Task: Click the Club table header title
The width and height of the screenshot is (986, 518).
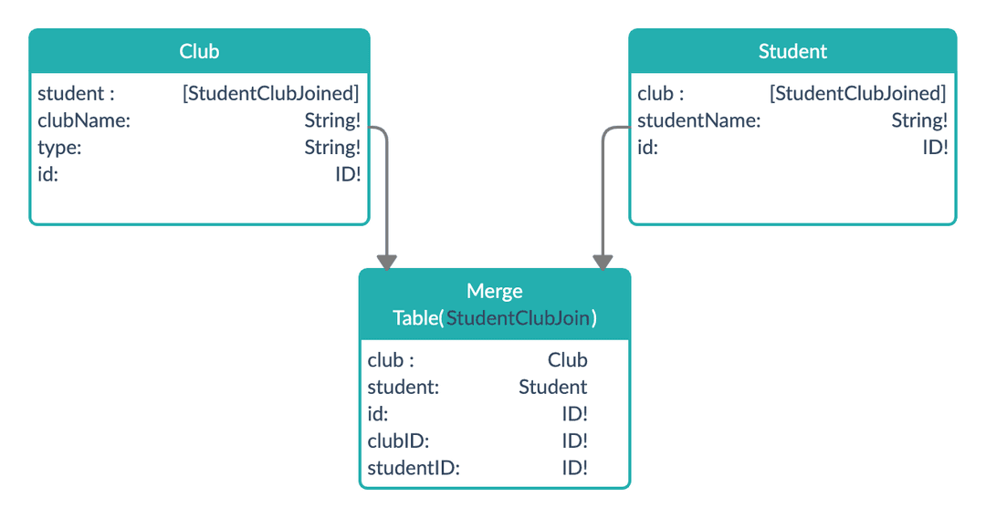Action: (x=199, y=52)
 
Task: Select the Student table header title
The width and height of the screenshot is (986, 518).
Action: (x=792, y=52)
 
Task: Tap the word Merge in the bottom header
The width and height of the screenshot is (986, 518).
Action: (x=494, y=291)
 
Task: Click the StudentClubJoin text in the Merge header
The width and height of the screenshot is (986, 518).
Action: (x=518, y=318)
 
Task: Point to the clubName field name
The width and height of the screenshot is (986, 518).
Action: (x=84, y=120)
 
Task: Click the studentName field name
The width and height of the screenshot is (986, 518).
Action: (x=698, y=120)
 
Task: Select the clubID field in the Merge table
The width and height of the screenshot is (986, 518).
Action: (x=398, y=440)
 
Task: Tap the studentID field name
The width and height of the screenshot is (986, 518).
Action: (x=413, y=468)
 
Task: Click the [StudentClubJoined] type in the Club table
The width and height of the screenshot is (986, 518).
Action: (x=271, y=93)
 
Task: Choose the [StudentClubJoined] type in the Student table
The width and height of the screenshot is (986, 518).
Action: (x=857, y=93)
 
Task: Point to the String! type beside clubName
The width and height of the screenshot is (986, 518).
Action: (x=332, y=120)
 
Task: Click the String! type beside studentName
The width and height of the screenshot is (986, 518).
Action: (x=919, y=120)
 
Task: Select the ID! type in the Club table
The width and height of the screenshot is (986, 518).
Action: (x=348, y=173)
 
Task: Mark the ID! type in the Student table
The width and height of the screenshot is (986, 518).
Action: (x=935, y=147)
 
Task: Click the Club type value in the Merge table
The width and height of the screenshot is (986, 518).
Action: (x=567, y=359)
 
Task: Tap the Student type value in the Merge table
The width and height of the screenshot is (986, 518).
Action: (x=552, y=387)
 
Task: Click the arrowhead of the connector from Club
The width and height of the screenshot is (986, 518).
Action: (x=387, y=262)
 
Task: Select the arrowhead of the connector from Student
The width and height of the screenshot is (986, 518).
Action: (x=602, y=262)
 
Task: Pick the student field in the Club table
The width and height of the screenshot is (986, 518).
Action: (x=76, y=93)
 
